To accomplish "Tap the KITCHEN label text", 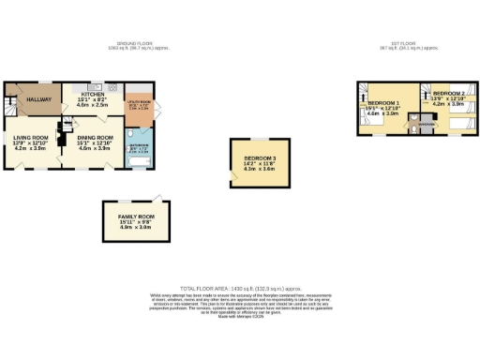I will click(x=92, y=95).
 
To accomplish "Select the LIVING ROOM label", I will click(x=28, y=139).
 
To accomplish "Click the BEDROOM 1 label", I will click(x=383, y=101).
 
